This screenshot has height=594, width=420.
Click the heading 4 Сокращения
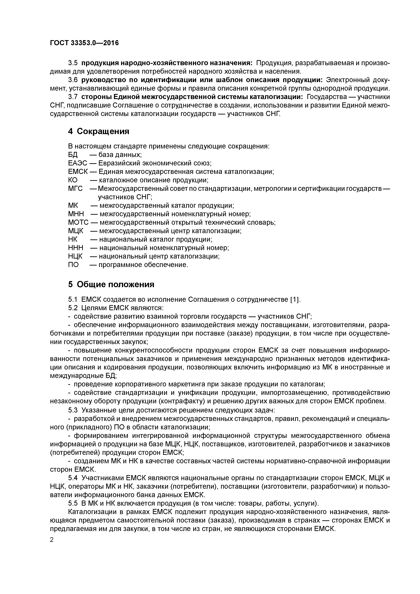tap(99, 131)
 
